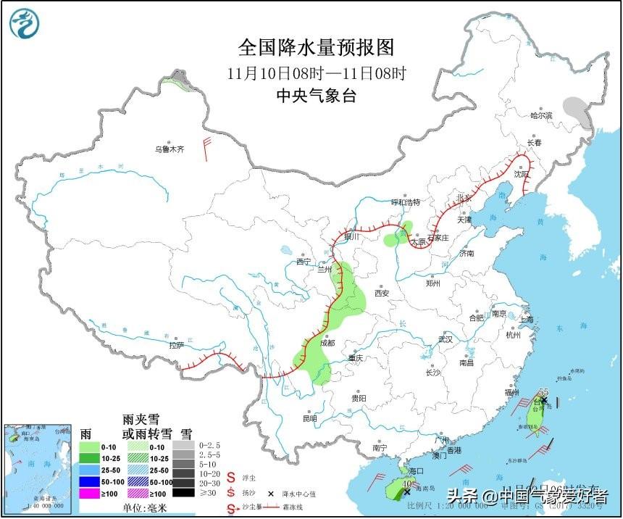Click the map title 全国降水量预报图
317,48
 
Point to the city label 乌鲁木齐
169,149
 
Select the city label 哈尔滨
540,115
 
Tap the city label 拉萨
176,346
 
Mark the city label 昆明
309,418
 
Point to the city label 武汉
445,339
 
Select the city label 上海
525,320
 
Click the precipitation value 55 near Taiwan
543,392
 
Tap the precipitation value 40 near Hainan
407,483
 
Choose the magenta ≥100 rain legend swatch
88,494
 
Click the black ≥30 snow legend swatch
183,494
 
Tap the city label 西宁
304,262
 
